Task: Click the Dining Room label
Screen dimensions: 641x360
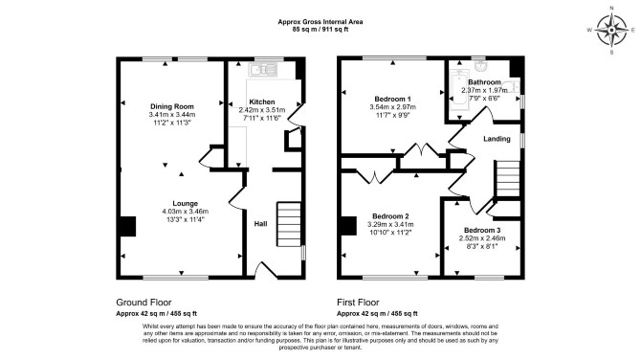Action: pos(171,107)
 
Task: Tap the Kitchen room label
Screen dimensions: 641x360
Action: pos(262,101)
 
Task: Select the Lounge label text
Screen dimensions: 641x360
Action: pos(186,203)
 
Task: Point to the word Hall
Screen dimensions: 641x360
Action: pos(261,224)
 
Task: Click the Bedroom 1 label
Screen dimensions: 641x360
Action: pos(393,99)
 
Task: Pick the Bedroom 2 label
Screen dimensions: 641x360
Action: pos(390,216)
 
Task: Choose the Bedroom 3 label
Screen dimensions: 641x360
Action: pos(482,231)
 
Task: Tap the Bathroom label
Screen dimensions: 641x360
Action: pos(484,82)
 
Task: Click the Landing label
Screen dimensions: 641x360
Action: pos(497,139)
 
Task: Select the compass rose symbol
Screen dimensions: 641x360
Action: pos(611,31)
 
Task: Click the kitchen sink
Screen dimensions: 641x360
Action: pos(263,70)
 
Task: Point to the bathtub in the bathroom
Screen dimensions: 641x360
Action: pos(455,91)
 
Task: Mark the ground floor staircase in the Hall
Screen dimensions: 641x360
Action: pos(290,224)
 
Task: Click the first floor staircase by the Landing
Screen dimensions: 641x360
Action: pos(508,179)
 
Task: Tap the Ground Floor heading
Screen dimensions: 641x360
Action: pos(144,303)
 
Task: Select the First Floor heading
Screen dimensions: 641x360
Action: pos(358,303)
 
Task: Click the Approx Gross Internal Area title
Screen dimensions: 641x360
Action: pos(320,22)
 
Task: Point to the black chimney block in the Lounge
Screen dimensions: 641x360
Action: pos(127,226)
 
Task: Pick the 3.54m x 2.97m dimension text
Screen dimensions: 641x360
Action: pos(393,107)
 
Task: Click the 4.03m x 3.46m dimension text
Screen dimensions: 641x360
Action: pos(186,212)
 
